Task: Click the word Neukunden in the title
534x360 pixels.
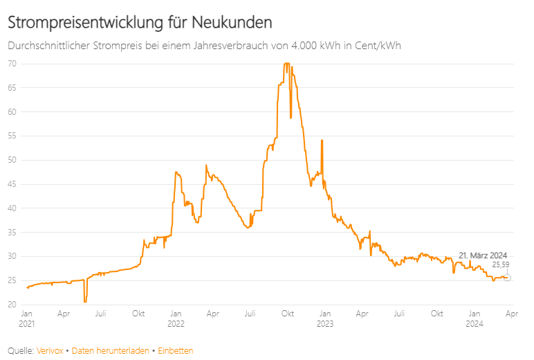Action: click(232, 22)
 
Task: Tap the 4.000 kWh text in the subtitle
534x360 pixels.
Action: click(301, 46)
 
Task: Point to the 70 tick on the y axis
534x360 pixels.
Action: click(12, 64)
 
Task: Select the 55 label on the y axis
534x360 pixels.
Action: click(12, 136)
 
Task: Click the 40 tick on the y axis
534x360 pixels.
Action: click(12, 208)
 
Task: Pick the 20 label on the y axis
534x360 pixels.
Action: click(12, 305)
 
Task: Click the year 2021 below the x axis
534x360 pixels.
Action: click(26, 323)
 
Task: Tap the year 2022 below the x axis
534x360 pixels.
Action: click(176, 323)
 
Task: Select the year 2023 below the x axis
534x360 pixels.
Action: click(325, 323)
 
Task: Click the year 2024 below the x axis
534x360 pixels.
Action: click(475, 323)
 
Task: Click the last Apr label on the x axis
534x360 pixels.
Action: click(511, 314)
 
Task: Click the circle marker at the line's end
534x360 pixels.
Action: click(507, 278)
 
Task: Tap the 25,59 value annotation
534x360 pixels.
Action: click(500, 264)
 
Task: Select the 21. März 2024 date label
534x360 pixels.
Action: click(483, 255)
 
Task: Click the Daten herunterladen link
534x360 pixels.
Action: click(110, 351)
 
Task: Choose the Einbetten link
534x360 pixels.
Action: click(175, 351)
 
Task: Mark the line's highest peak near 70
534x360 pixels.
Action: click(286, 64)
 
